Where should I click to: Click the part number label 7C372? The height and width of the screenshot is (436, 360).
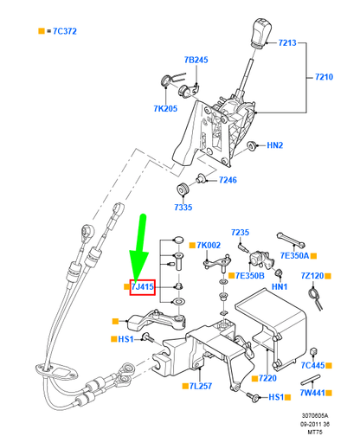pos(61,31)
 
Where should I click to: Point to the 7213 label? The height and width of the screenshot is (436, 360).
pos(286,42)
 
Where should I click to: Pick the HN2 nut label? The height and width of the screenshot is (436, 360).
pos(274,145)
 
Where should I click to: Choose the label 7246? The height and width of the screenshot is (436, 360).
pos(228,180)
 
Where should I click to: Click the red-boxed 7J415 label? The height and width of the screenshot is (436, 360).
pos(142,285)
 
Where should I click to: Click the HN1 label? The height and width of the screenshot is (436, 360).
pos(280,286)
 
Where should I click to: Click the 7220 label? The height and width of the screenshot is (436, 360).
pos(266,379)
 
